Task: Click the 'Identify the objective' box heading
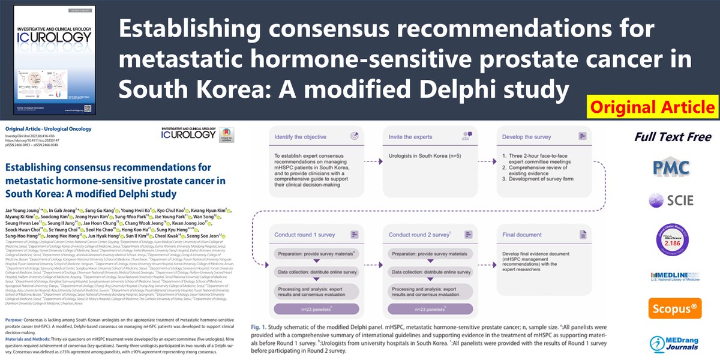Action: coord(299,137)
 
